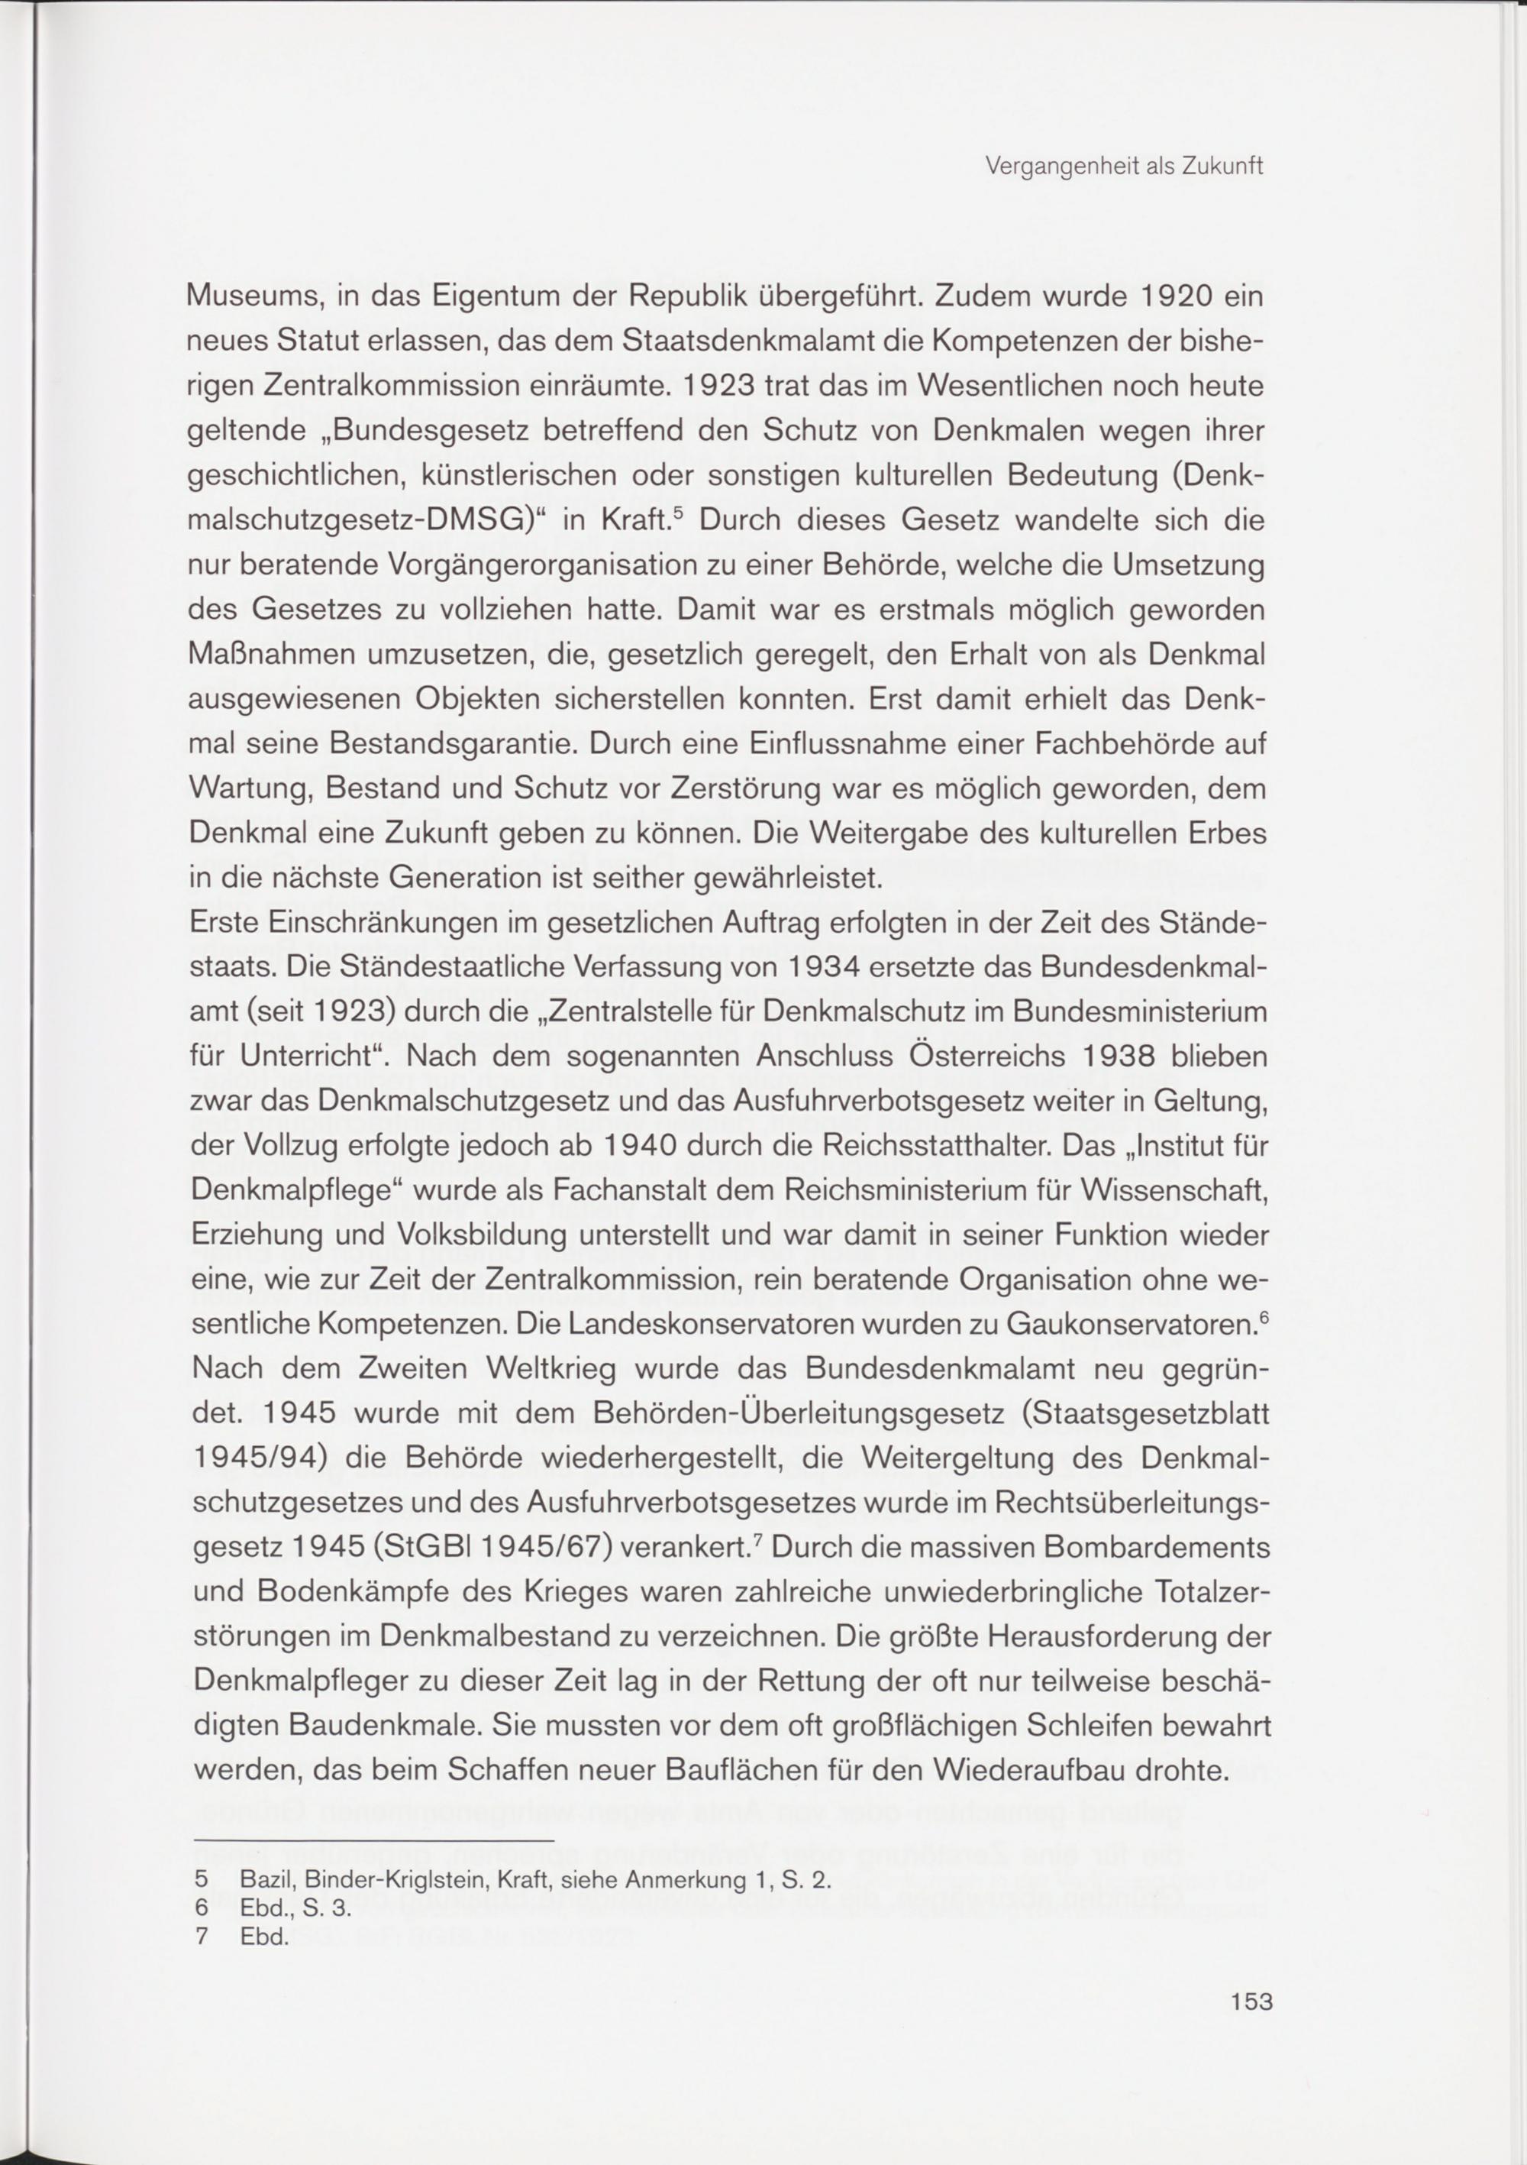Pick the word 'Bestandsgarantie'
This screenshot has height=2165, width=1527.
(450, 744)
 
